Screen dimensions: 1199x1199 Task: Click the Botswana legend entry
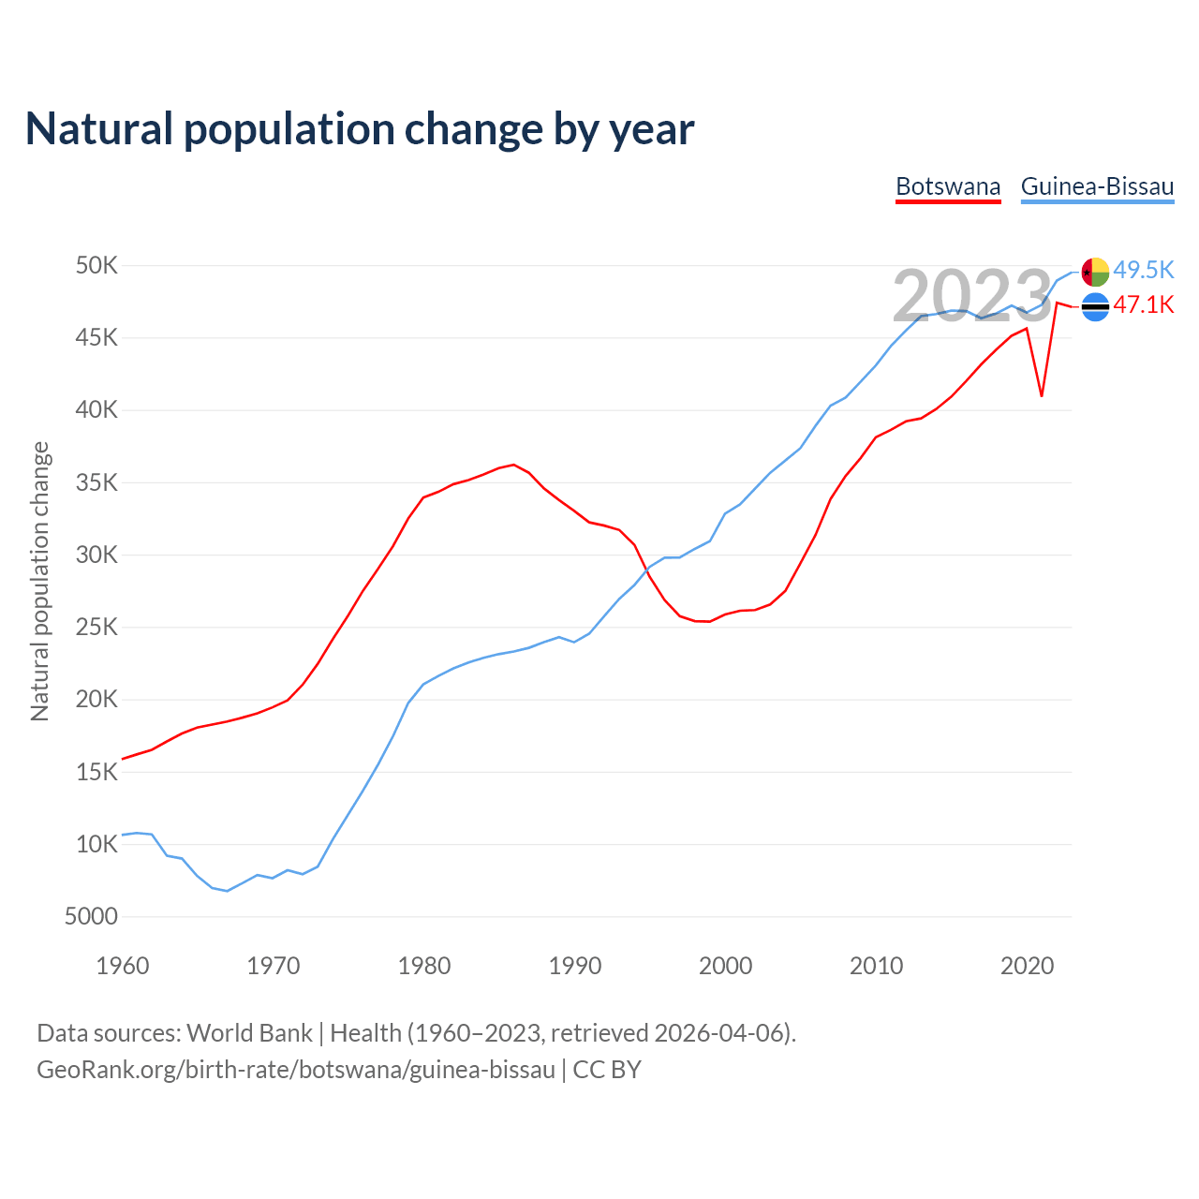tap(948, 186)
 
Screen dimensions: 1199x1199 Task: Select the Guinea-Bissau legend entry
tap(1097, 186)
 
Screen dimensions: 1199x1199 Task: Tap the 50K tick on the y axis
tap(96, 266)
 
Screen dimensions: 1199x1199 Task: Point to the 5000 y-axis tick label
tap(91, 917)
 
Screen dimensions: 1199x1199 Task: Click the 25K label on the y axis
tap(96, 628)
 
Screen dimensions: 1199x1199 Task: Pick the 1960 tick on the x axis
tap(123, 966)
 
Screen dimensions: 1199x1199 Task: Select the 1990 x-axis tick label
tap(575, 966)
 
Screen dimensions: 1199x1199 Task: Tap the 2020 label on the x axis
tap(1027, 966)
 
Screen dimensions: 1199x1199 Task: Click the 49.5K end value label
tap(1143, 271)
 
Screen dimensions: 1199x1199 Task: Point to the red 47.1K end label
tap(1143, 305)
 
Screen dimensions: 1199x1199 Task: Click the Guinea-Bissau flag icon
tap(1095, 272)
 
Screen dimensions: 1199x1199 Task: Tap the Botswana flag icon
tap(1095, 306)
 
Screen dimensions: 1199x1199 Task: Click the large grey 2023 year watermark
tap(972, 296)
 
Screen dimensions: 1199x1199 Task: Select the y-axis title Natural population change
tap(40, 581)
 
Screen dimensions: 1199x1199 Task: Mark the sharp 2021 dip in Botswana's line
tap(1042, 395)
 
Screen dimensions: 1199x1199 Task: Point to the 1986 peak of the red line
tap(513, 465)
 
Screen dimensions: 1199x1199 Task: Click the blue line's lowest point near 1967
tap(227, 891)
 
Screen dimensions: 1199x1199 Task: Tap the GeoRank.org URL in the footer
tap(296, 1070)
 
